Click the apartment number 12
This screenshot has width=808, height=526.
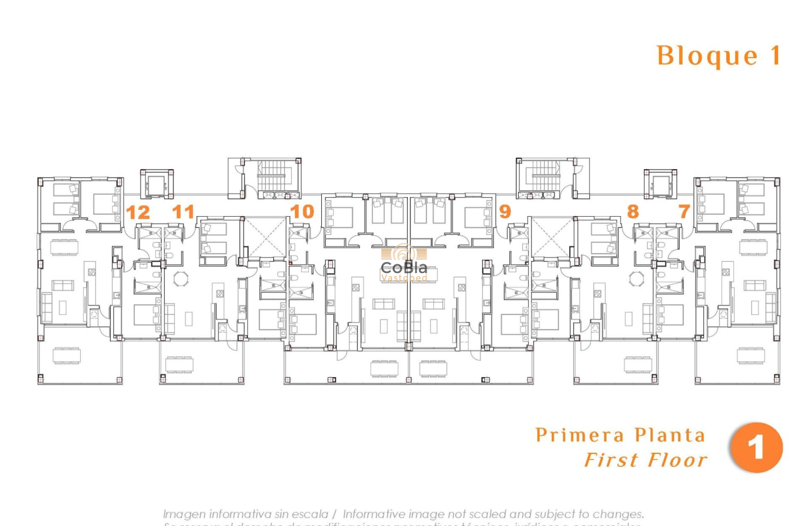coord(138,212)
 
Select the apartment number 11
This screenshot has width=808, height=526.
coord(183,212)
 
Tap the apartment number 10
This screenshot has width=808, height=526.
coord(302,212)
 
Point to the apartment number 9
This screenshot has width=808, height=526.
coord(505,212)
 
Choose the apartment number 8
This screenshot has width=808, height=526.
coord(633,212)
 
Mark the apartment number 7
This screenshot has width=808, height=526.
coord(684,212)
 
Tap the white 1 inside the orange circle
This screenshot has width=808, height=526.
coord(757,448)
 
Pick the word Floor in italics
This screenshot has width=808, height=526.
coord(677,461)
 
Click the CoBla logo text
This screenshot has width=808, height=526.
coord(404,267)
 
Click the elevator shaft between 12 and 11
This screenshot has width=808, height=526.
coord(155,184)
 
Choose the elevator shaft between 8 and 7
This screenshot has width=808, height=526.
coord(661,184)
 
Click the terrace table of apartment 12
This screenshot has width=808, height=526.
coord(66,356)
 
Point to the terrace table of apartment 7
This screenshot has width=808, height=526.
coord(750,355)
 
